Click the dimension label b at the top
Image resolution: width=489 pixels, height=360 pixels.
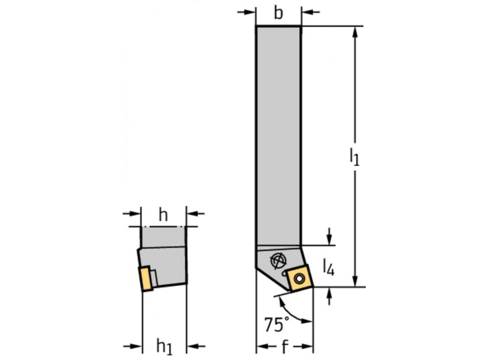(x=278, y=13)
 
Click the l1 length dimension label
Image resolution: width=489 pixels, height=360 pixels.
(x=355, y=157)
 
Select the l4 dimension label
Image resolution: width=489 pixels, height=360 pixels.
(x=329, y=268)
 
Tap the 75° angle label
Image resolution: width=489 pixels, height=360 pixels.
(x=276, y=324)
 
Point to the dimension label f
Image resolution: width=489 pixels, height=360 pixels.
(x=284, y=347)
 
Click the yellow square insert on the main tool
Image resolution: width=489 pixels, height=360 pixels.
(x=299, y=278)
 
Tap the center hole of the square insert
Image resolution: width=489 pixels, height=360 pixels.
(x=299, y=279)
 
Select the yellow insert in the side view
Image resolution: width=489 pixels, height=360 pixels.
(x=146, y=278)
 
